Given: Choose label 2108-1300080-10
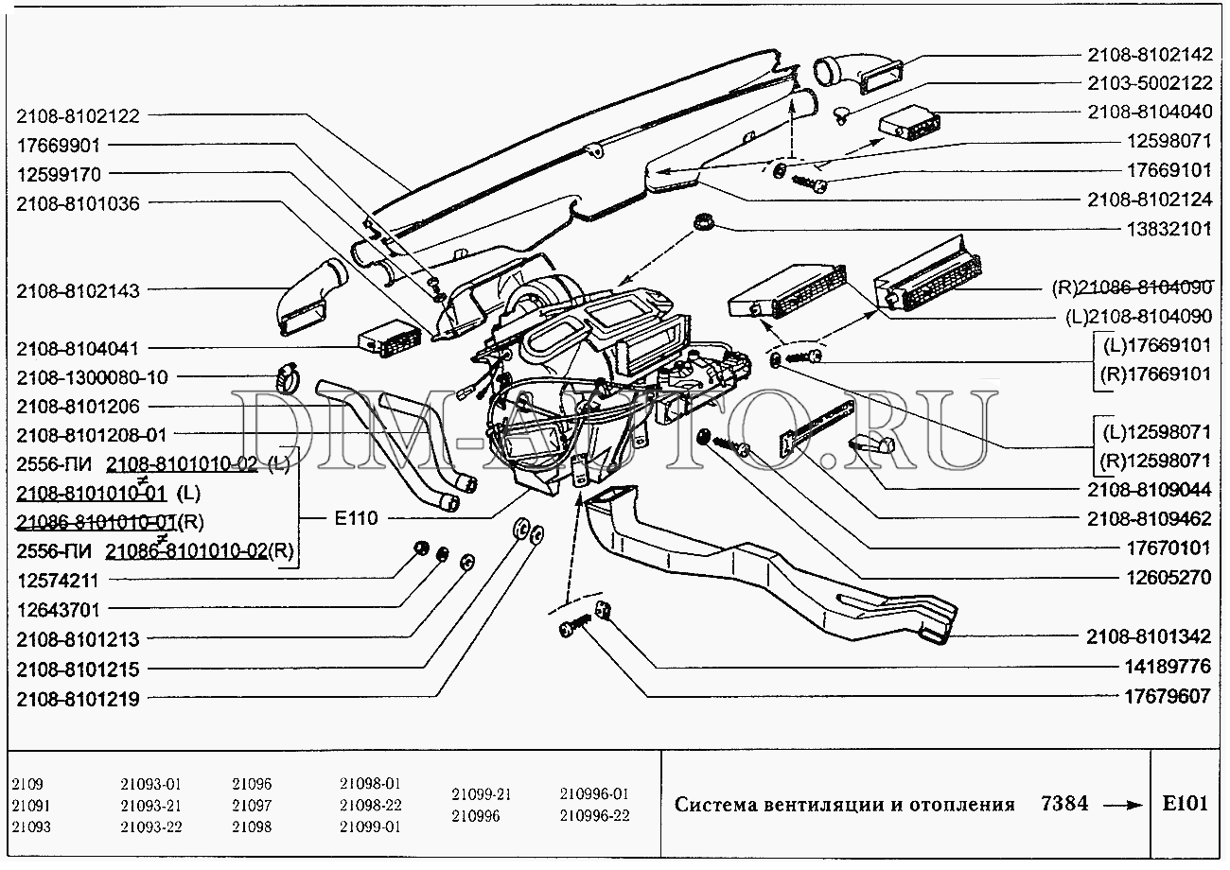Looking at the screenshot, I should (92, 377).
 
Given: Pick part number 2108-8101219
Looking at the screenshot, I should (78, 700).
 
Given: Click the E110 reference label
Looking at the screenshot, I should (356, 517).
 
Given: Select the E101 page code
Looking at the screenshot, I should (1185, 805).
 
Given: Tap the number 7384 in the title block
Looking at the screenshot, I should (1063, 805).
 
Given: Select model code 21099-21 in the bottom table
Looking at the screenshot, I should (482, 794).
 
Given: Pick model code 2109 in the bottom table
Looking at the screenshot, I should (27, 784).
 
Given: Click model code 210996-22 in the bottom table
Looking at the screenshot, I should (594, 816).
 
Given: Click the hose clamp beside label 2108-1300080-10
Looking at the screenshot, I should (286, 378).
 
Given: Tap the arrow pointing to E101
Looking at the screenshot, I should (1122, 806).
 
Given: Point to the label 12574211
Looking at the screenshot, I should (58, 580).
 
